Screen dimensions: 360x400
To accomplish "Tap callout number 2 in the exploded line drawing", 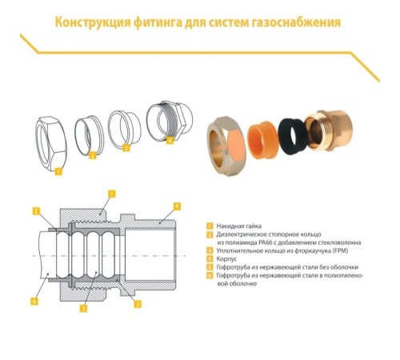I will pyautogui.click(x=92, y=156).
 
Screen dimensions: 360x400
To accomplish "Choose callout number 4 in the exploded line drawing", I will pyautogui.click(x=169, y=140).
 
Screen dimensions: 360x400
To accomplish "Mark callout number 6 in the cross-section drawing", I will pyautogui.click(x=34, y=302).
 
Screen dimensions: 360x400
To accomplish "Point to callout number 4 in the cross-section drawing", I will pyautogui.click(x=177, y=206).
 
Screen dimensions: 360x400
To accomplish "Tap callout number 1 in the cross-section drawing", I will pyautogui.click(x=111, y=193).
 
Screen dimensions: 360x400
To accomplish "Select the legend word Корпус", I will pyautogui.click(x=226, y=258).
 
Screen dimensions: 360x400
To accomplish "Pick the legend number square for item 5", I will pyautogui.click(x=209, y=267).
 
